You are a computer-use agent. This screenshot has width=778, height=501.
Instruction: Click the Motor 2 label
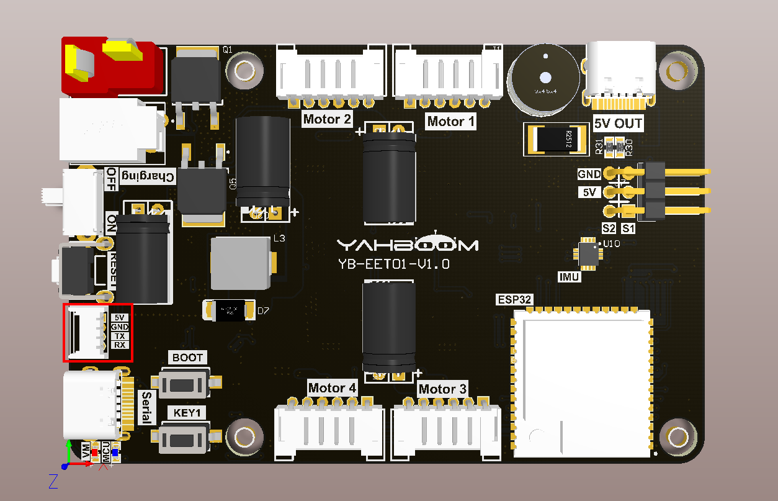coord(328,119)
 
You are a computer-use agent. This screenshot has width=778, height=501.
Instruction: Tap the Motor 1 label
coord(451,121)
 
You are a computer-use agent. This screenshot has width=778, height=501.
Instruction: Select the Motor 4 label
coord(332,389)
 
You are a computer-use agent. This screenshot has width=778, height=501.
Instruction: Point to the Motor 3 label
coord(442,390)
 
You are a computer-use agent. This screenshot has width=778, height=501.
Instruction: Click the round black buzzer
coord(544,79)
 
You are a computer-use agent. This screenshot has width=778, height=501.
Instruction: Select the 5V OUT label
coord(618,124)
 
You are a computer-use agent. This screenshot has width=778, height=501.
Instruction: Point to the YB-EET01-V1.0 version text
coord(394,264)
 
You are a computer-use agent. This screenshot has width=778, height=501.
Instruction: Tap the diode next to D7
coord(230,310)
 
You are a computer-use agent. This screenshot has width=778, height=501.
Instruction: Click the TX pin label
coord(120,336)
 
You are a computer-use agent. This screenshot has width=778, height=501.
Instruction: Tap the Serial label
coord(146,407)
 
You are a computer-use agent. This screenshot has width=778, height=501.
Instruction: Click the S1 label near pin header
coord(628,228)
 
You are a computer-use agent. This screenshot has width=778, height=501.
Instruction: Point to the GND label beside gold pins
coord(589,174)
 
